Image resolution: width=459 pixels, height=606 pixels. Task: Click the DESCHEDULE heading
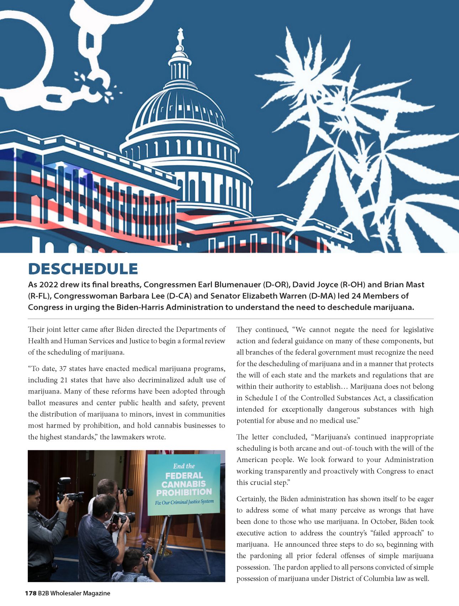83,269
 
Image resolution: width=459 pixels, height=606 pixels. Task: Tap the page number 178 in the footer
31,593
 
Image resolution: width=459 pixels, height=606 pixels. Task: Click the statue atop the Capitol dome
181,37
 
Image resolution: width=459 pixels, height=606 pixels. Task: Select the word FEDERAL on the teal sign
184,476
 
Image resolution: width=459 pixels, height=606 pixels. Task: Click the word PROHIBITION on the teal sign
184,492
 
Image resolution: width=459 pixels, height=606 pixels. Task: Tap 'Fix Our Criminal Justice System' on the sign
184,502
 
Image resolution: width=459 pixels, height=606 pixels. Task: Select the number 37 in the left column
63,369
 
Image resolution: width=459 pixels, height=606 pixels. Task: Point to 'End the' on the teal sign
184,466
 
